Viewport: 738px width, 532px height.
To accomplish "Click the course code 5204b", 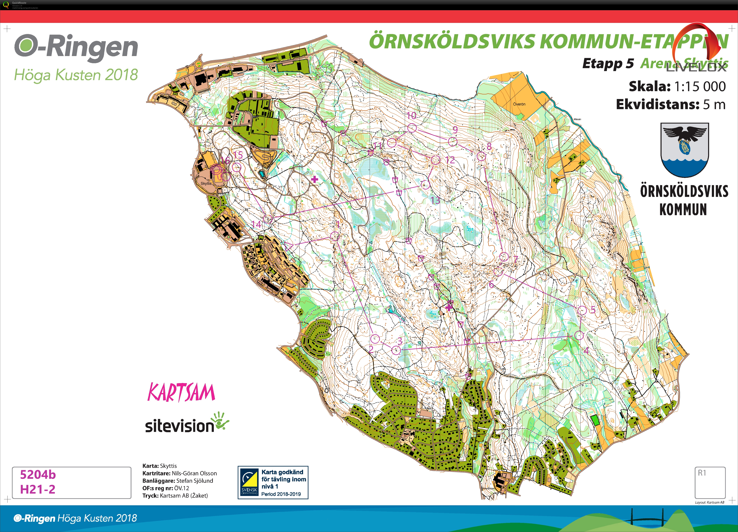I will click(x=38, y=475).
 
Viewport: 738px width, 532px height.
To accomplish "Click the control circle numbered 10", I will click(x=412, y=128).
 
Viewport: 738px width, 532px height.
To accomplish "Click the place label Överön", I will click(x=519, y=104).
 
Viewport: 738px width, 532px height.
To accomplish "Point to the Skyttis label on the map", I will click(x=206, y=184).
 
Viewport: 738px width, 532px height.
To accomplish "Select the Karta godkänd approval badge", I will click(x=273, y=482).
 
